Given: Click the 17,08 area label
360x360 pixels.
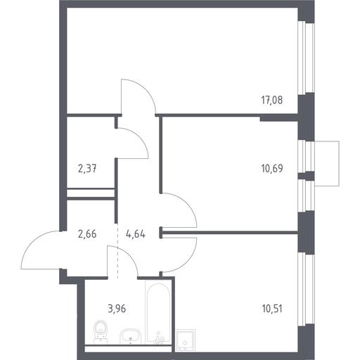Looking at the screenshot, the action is click(x=272, y=100).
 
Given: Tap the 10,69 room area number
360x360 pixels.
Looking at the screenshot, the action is click(x=272, y=168).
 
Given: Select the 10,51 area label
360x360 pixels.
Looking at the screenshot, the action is click(x=272, y=309).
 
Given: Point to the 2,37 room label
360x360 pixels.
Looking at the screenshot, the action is click(x=87, y=168).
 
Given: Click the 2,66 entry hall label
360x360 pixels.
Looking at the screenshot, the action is click(x=87, y=234).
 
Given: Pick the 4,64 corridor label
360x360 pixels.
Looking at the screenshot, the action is click(x=136, y=234).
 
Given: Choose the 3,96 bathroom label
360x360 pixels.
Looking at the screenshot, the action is click(x=117, y=309).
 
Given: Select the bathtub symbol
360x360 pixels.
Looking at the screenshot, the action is click(x=158, y=312).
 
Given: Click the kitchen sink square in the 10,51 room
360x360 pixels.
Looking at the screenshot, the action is click(x=186, y=340).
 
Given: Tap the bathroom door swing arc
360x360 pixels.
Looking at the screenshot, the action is click(x=128, y=255).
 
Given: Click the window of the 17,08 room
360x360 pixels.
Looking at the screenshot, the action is click(x=306, y=58).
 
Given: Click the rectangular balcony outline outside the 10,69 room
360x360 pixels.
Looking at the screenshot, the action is click(x=339, y=164).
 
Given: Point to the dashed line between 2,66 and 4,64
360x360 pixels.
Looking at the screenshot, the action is click(x=117, y=250).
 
